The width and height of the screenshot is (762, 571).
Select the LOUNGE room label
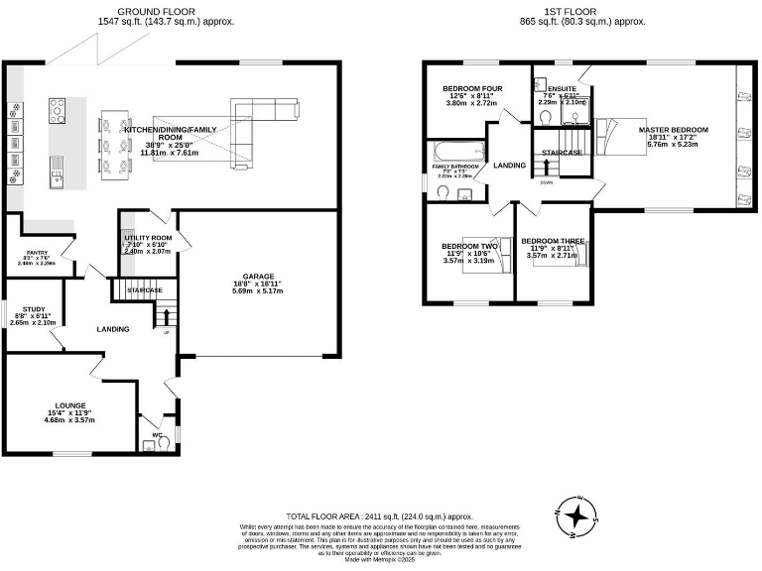[70, 405]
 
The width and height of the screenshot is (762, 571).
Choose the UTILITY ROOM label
[148, 239]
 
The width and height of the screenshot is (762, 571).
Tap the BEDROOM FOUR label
[472, 89]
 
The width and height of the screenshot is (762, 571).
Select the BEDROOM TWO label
[469, 246]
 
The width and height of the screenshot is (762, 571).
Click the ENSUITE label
[562, 88]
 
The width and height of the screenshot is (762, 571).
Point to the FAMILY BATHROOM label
[454, 167]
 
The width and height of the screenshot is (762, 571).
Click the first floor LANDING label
[510, 166]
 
